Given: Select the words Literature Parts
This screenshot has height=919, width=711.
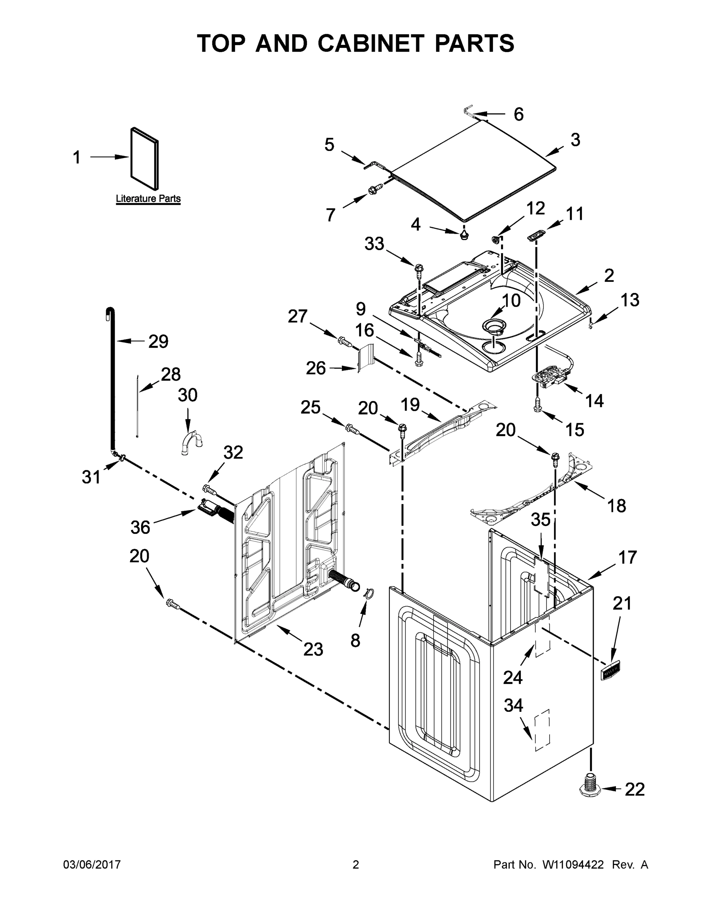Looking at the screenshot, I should point(148,199).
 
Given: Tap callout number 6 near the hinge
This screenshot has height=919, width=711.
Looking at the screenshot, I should point(519,114).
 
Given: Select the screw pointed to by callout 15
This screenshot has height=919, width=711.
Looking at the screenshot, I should point(537,404).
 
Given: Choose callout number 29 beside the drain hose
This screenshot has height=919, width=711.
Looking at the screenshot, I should point(158,341).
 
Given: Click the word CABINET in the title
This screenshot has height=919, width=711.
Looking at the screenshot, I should point(370,43).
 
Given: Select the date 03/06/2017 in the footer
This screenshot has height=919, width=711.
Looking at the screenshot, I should point(92,864).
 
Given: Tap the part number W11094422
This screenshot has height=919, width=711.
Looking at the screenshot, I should point(573,865).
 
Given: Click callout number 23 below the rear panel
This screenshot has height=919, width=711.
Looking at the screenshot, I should point(314,649).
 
